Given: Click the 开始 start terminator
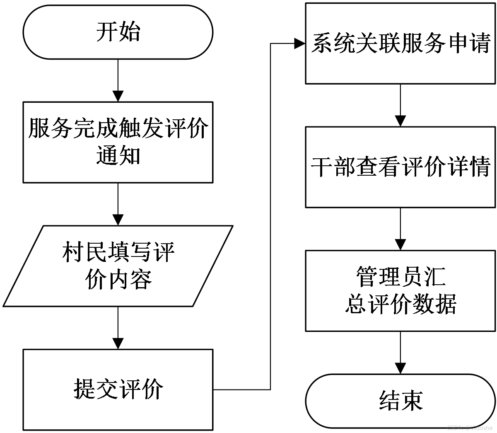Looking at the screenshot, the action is click(118, 32).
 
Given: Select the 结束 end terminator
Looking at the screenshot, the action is click(400, 401).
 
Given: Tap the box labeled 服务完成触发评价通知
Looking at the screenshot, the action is click(118, 142).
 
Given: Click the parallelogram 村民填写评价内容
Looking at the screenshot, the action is click(118, 266).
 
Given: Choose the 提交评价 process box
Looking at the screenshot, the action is click(118, 390).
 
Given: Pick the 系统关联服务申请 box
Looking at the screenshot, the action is click(400, 44).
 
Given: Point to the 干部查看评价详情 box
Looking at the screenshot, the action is click(400, 167).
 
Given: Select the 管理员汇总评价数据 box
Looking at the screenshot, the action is click(400, 291).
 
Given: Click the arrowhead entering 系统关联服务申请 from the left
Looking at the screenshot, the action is click(300, 44).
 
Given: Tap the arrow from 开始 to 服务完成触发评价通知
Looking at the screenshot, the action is click(118, 80).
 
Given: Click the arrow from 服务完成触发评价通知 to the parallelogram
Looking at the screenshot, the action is click(118, 204).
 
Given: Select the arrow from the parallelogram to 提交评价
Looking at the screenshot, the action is click(118, 328).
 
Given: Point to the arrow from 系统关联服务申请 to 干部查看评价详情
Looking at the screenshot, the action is click(400, 105).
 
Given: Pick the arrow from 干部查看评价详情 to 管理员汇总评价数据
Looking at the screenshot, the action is click(400, 229).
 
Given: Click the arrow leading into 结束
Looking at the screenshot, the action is click(400, 353).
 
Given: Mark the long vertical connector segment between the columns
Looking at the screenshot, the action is click(270, 216).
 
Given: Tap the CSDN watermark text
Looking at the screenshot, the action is click(470, 428).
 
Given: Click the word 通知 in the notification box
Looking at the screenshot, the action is click(118, 155).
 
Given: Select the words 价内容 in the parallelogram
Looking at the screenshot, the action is click(118, 279).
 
